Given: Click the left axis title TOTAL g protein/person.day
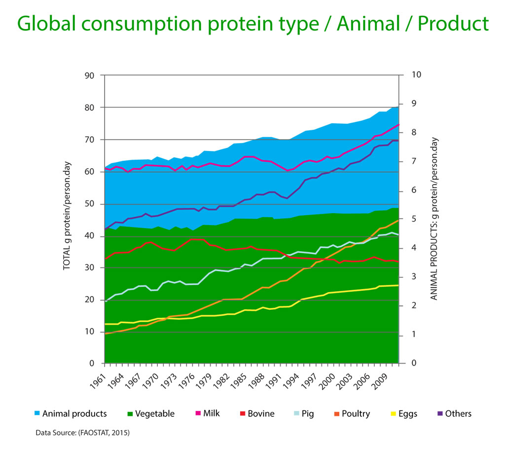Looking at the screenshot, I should (x=68, y=216).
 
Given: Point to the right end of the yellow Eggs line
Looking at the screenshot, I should (x=397, y=285).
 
